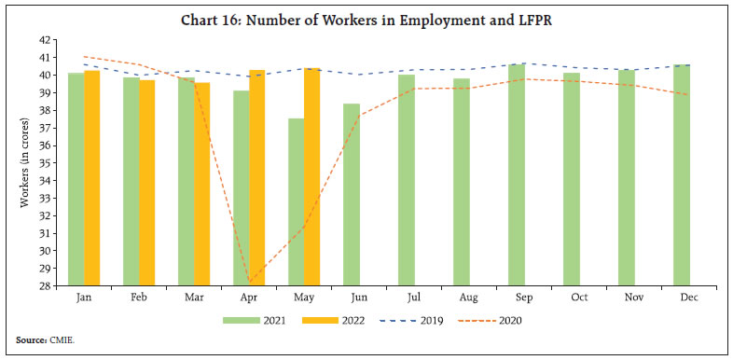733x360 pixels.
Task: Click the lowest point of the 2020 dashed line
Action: click(x=249, y=283)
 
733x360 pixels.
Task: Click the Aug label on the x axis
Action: click(x=461, y=298)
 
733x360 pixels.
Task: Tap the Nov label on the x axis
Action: click(x=627, y=298)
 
